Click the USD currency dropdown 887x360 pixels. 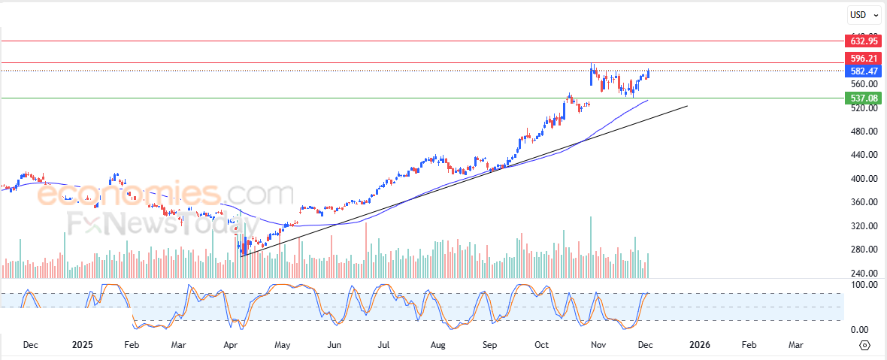861,15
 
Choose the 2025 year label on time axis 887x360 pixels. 82,345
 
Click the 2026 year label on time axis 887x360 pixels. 700,345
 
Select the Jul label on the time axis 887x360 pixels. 384,345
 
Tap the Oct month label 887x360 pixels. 542,345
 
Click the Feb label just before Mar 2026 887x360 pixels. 749,345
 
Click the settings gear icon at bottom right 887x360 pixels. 864,345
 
